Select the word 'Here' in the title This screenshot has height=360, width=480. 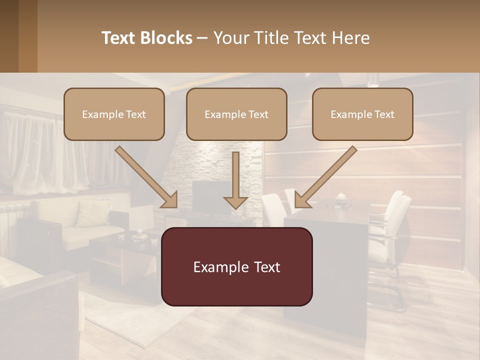tap(351, 38)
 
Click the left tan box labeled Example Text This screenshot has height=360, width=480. tap(114, 114)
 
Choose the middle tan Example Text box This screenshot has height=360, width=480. tap(236, 114)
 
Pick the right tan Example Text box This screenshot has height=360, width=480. tap(362, 114)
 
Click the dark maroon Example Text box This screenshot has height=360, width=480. tap(236, 266)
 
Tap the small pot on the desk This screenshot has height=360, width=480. tap(341, 198)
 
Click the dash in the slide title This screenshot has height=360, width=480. tap(202, 38)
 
